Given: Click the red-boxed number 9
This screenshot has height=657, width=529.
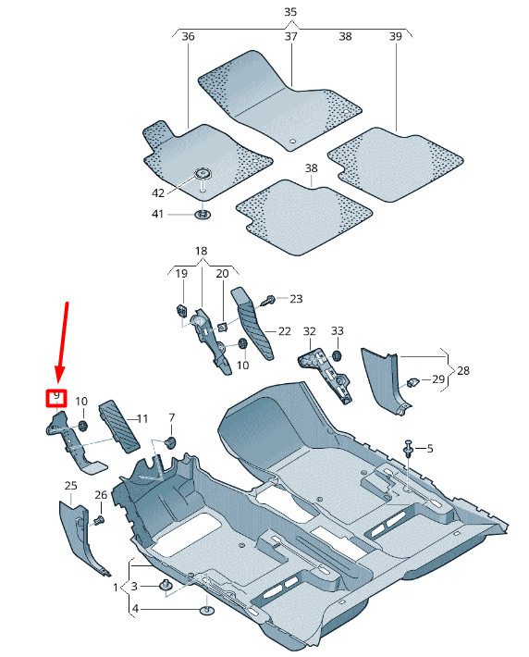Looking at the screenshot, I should (x=56, y=397).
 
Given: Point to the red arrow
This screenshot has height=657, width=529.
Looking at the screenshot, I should (x=63, y=342).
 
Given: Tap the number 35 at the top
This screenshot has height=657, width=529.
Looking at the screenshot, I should (x=290, y=12).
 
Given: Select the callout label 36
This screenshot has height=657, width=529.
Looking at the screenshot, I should (x=188, y=37).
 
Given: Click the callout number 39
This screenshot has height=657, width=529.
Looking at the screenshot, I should (x=395, y=37).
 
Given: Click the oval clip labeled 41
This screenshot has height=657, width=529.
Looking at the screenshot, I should (x=202, y=216).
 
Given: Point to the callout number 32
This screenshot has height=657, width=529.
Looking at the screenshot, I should (x=309, y=331).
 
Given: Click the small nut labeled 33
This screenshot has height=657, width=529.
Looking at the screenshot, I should (x=337, y=354).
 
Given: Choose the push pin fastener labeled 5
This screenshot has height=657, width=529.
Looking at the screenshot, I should (x=408, y=449).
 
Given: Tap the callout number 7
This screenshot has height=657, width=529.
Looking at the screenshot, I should (x=171, y=418).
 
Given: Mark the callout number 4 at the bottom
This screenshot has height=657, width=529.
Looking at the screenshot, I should (x=135, y=608).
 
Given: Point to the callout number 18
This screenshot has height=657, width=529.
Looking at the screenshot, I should (x=202, y=252).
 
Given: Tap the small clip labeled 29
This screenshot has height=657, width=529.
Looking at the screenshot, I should (x=413, y=379).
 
